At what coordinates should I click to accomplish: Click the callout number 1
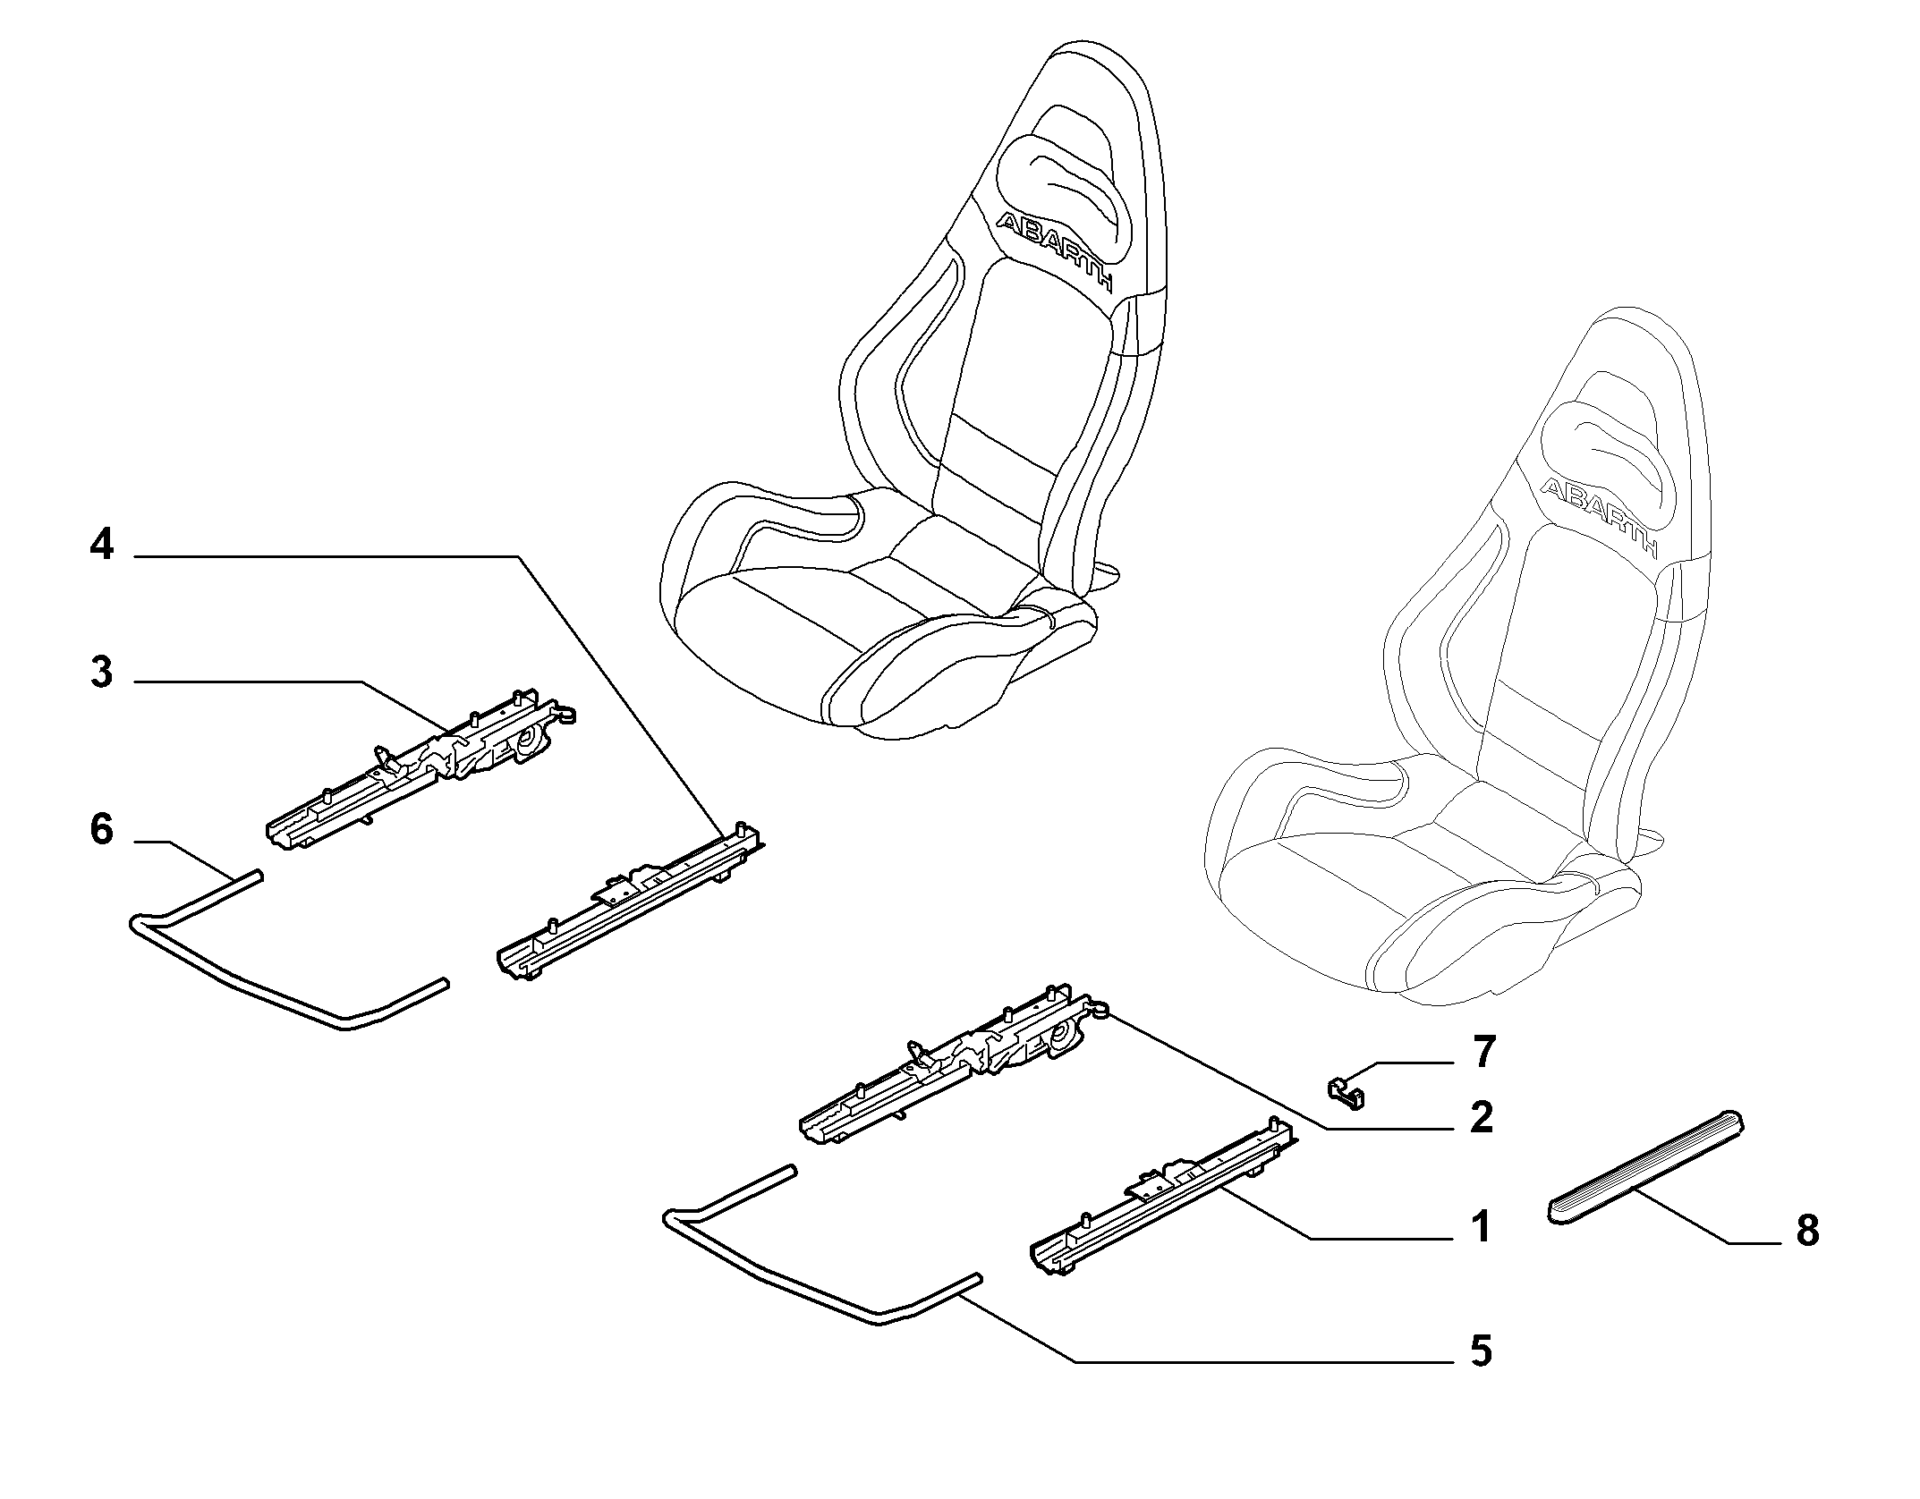click(x=1481, y=1227)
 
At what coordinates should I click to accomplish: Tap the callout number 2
click(x=1482, y=1118)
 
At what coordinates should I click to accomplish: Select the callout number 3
click(x=102, y=672)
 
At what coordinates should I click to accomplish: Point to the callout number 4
click(x=102, y=544)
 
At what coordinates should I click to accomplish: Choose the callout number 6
click(x=102, y=830)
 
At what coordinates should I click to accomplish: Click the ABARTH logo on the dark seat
click(x=1055, y=251)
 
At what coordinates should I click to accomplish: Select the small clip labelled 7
click(x=1342, y=1092)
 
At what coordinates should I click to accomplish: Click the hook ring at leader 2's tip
click(x=1100, y=1010)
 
